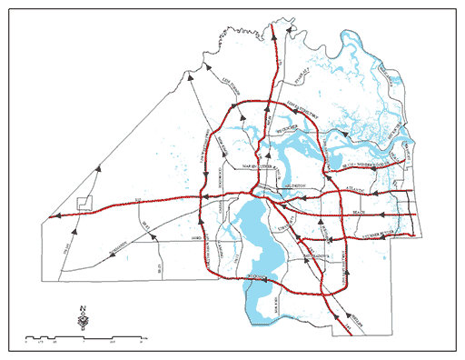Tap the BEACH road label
357,214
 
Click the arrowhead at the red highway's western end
54,216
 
